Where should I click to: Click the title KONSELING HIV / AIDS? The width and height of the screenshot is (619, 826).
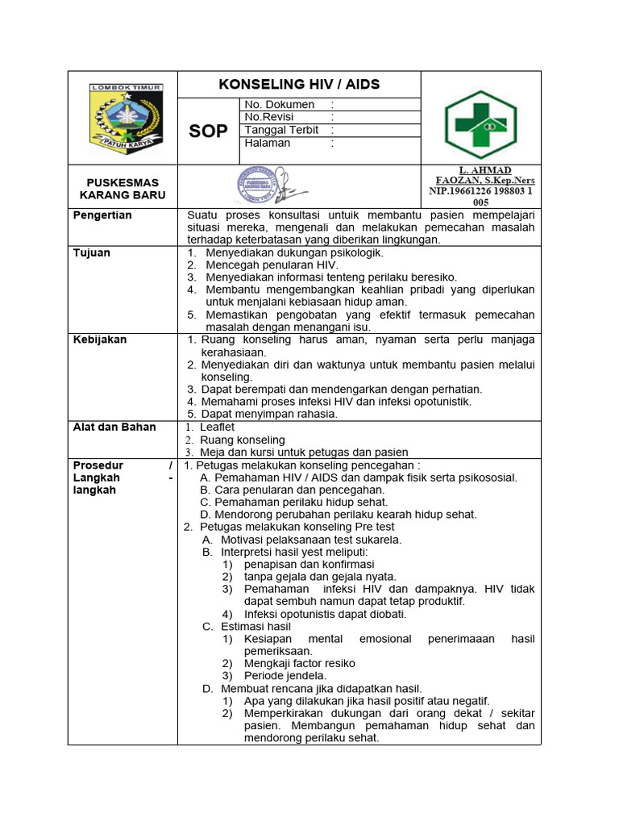click(299, 85)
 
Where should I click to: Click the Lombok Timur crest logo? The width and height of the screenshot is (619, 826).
click(126, 118)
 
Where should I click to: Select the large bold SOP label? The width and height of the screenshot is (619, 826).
click(208, 131)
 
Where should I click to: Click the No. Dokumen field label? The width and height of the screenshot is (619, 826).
click(279, 105)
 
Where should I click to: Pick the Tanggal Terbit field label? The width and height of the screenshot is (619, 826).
click(281, 130)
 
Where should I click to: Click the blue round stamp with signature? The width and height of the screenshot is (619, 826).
click(264, 186)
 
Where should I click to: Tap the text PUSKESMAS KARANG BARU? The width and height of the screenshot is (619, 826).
click(123, 189)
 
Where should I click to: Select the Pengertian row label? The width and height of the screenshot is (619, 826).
click(102, 215)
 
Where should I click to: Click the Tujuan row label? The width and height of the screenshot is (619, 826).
click(91, 252)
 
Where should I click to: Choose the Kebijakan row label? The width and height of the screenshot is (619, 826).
click(100, 340)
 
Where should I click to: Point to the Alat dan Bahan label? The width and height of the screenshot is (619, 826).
click(114, 427)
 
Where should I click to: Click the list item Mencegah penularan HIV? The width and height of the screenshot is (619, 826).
click(272, 265)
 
